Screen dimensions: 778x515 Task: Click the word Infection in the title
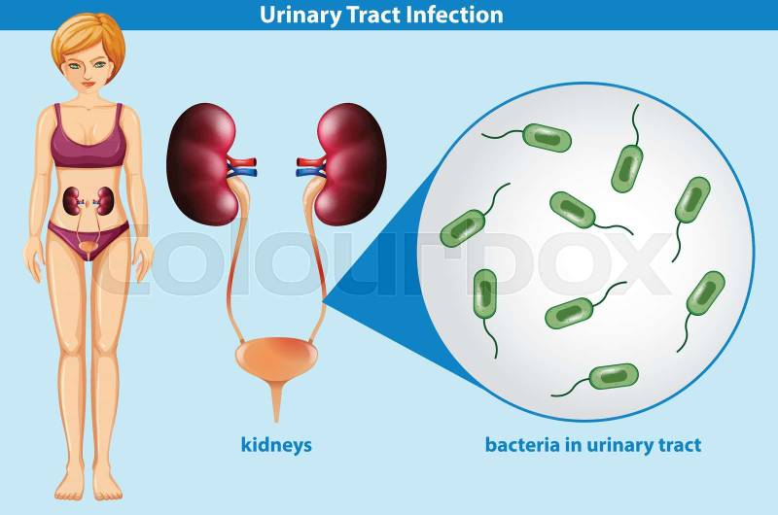pyautogui.click(x=453, y=14)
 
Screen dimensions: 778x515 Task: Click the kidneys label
pyautogui.click(x=276, y=444)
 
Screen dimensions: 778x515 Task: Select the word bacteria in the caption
pyautogui.click(x=522, y=444)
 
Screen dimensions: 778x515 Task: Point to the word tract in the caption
pyautogui.click(x=680, y=445)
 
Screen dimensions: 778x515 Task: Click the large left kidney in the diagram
pyautogui.click(x=201, y=163)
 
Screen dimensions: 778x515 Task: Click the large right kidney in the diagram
pyautogui.click(x=351, y=163)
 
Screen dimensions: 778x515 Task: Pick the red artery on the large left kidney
pyautogui.click(x=242, y=161)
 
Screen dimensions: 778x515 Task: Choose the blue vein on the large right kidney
pyautogui.click(x=309, y=173)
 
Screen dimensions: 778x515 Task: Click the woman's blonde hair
pyautogui.click(x=89, y=39)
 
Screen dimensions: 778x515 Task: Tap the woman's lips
pyautogui.click(x=88, y=84)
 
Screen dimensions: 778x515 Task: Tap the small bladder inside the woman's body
pyautogui.click(x=88, y=247)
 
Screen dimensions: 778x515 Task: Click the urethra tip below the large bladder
pyautogui.click(x=276, y=421)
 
